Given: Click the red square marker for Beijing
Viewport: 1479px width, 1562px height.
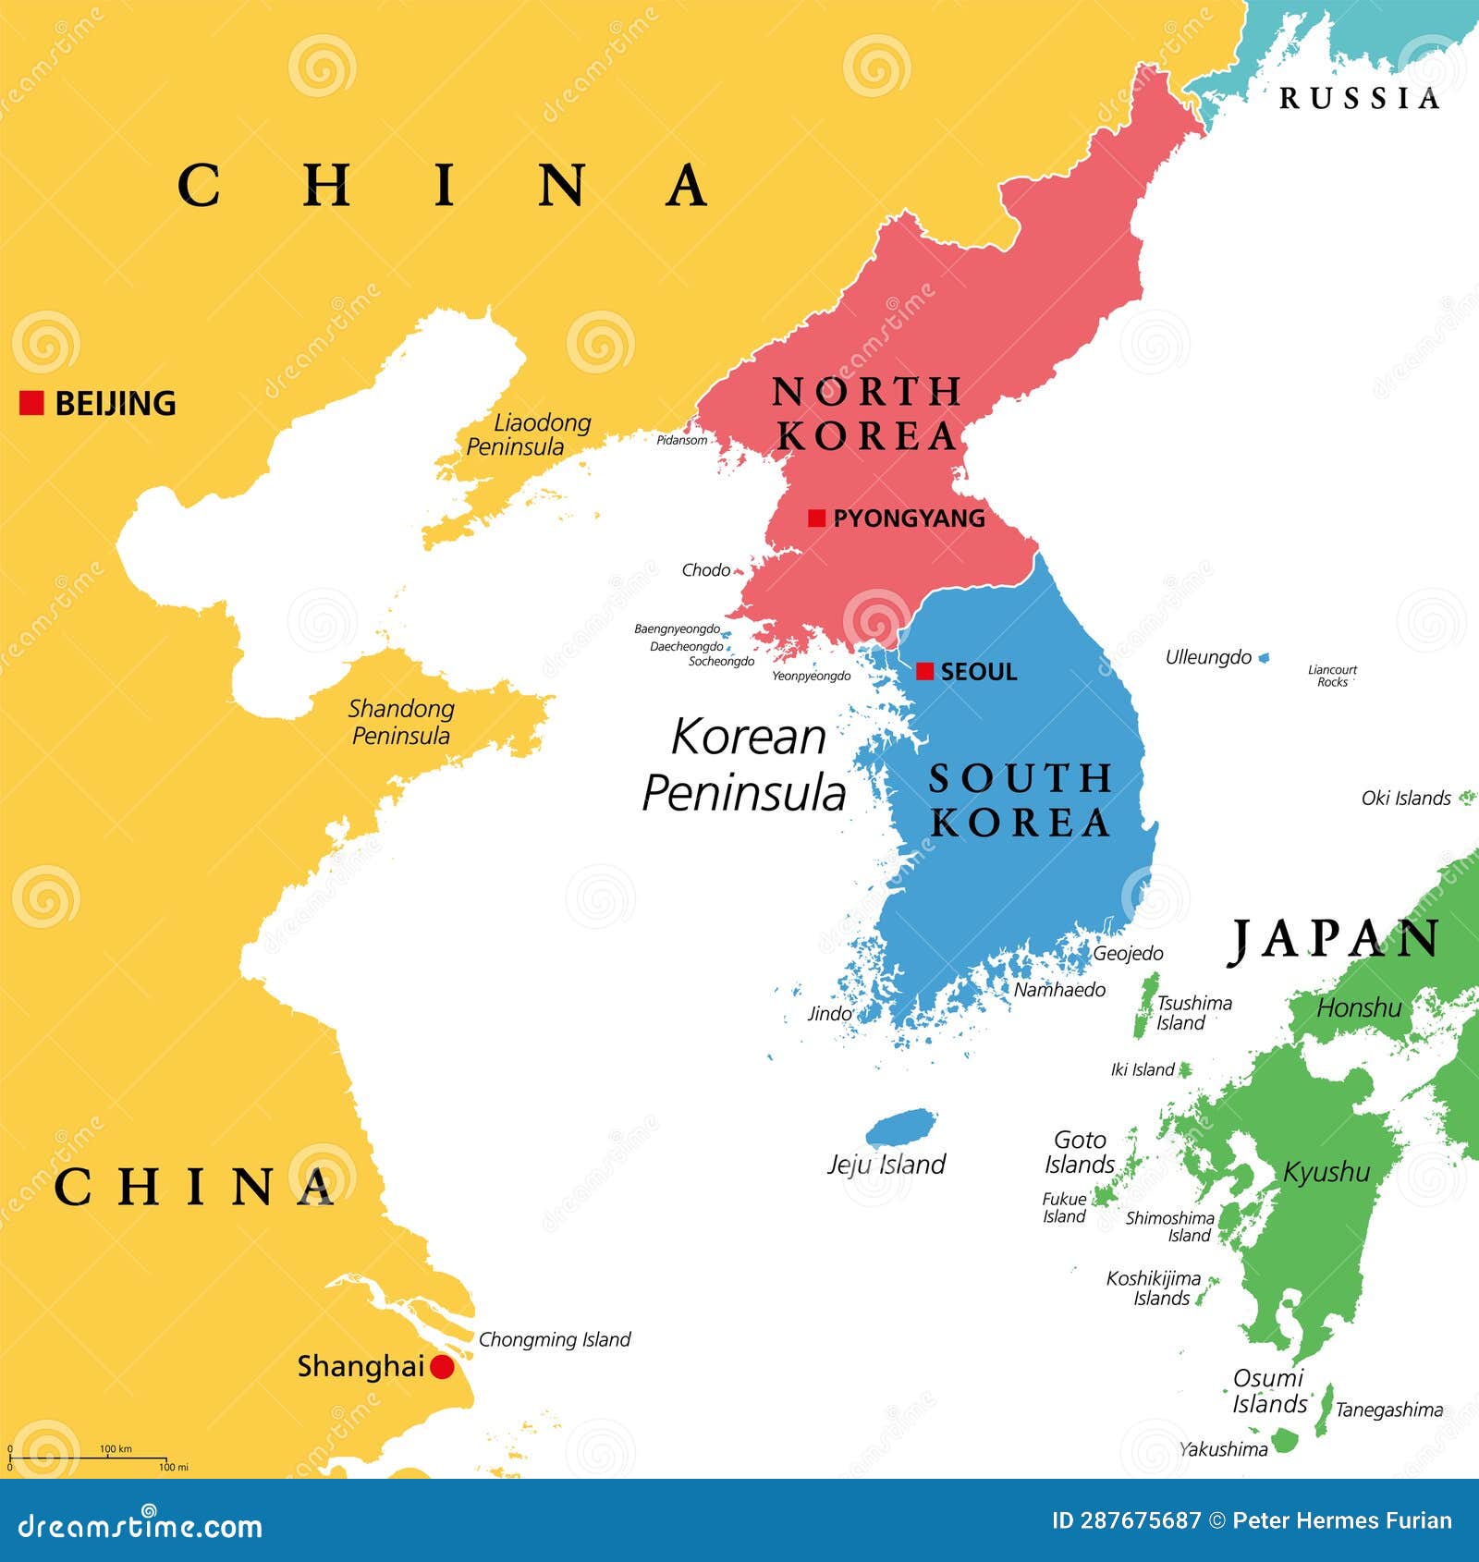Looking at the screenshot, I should (x=31, y=403).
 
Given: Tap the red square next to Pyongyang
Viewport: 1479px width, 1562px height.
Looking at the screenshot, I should (x=816, y=518).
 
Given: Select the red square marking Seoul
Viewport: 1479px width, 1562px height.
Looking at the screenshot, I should (x=924, y=672).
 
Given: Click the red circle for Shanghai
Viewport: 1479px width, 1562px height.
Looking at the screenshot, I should (x=442, y=1366).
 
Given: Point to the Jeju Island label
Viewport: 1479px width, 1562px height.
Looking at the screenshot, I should (x=886, y=1165).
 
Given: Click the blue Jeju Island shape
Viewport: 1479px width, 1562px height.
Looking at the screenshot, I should (x=900, y=1128).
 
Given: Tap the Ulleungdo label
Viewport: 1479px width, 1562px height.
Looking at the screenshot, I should (x=1207, y=657).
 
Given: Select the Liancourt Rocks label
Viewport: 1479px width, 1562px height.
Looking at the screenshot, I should (x=1332, y=676).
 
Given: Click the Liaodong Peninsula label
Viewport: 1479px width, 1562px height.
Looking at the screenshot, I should (x=529, y=434).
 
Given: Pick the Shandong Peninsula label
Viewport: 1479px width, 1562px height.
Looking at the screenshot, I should (x=401, y=722).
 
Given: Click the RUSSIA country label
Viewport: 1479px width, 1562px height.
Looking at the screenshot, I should (x=1359, y=98).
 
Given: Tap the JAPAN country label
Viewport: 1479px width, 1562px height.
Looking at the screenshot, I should (x=1335, y=940).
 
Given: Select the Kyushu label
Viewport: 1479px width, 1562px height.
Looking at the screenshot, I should (x=1326, y=1172).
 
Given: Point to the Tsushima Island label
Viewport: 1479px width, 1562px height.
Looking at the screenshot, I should (x=1192, y=1012).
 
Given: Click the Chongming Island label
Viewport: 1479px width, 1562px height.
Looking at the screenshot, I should (x=554, y=1339).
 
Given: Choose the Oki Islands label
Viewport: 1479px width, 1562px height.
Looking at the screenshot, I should (x=1405, y=798).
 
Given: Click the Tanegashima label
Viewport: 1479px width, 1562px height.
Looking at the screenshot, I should (x=1388, y=1409).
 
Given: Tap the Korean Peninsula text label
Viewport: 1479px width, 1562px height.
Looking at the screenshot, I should (x=745, y=764).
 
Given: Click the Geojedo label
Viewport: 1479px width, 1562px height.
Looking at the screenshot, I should (x=1128, y=953).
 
